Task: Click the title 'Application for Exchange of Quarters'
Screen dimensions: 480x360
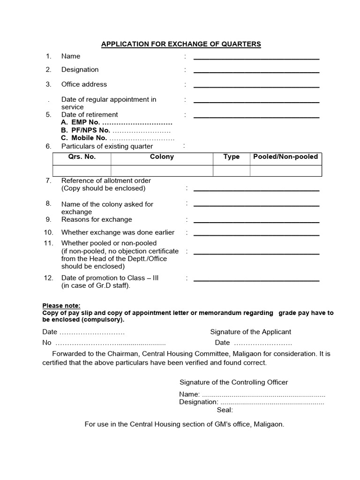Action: (x=181, y=45)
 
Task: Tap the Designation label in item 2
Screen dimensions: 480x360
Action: (x=80, y=70)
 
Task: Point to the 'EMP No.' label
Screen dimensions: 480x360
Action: (x=85, y=122)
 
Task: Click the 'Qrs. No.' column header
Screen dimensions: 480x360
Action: (x=82, y=157)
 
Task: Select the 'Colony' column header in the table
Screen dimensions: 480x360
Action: (x=162, y=157)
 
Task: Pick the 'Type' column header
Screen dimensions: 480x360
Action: (x=232, y=157)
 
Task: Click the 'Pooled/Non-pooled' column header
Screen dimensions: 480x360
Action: (x=285, y=157)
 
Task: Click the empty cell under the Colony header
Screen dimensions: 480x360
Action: (x=162, y=171)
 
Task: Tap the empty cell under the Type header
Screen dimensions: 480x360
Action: (x=232, y=171)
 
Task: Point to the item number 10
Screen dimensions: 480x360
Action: (x=49, y=232)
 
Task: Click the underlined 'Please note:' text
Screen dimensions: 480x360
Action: (x=61, y=306)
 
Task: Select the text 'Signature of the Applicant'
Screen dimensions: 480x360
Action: (x=250, y=332)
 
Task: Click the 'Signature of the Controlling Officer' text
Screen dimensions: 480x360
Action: (x=233, y=382)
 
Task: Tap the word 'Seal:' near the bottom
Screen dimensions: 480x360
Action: (x=225, y=410)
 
